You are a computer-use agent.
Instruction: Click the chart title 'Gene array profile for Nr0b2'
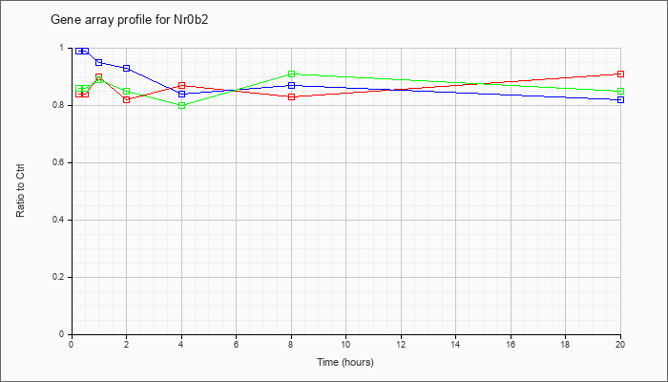coord(130,20)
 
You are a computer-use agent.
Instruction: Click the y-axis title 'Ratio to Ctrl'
coord(20,190)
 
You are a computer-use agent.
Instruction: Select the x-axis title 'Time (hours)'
coord(345,362)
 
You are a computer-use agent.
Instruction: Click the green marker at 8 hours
coord(291,74)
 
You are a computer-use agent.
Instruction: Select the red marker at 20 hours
coord(620,74)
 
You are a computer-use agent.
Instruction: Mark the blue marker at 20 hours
coord(620,99)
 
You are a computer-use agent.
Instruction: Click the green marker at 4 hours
coord(182,105)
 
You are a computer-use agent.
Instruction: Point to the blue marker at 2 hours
coord(127,68)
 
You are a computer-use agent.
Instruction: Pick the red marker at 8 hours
coord(291,96)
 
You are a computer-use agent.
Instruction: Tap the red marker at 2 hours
coord(127,99)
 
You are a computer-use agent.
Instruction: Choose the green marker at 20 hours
coord(620,92)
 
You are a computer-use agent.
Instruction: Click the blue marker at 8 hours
coord(291,85)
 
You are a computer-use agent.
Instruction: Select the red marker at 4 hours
coord(182,85)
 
